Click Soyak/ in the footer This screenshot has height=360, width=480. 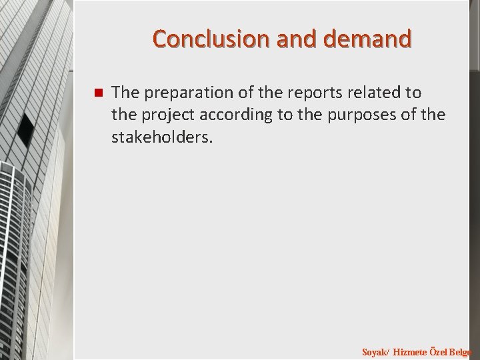coord(375,351)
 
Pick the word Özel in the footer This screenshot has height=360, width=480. coord(439,351)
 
